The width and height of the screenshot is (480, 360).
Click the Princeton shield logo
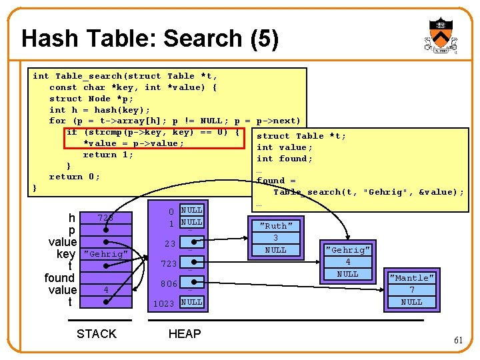tap(439, 35)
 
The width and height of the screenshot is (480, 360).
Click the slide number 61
tap(458, 340)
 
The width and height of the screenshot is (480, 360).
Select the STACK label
tap(97, 333)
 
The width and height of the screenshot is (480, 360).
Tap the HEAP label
tap(185, 333)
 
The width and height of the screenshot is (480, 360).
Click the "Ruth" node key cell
tap(275, 226)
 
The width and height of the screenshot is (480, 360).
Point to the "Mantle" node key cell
tap(411, 278)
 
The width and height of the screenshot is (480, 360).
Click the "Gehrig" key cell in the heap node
tap(347, 250)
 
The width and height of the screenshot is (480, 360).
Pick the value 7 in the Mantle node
tap(411, 290)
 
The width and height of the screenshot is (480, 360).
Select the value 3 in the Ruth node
tap(275, 238)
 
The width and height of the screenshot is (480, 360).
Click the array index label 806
tap(169, 284)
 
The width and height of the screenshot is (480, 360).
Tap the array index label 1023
tap(164, 303)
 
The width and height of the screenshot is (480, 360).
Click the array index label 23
tap(171, 244)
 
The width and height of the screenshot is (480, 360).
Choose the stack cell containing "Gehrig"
tap(105, 254)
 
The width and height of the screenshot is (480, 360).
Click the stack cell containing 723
tap(105, 218)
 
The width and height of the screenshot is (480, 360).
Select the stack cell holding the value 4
tap(105, 290)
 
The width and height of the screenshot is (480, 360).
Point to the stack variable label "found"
tap(59, 278)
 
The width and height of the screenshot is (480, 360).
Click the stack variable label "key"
tap(66, 254)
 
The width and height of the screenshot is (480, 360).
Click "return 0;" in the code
tap(74, 177)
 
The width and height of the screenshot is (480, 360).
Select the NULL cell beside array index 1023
tap(191, 302)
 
